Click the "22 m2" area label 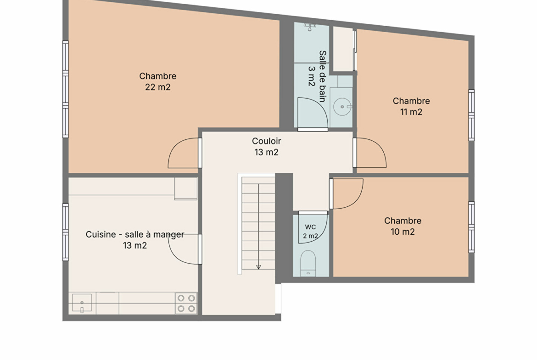click(x=157, y=87)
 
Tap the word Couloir click(x=267, y=141)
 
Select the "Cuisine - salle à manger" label click(x=135, y=234)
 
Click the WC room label click(x=310, y=227)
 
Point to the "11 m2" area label click(x=411, y=112)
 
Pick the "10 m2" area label click(x=403, y=232)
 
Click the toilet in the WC click(x=308, y=263)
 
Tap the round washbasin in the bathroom click(x=342, y=107)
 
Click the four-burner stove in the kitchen click(x=186, y=303)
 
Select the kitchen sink click(x=82, y=303)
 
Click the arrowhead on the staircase click(x=258, y=267)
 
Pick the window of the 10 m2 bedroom click(x=471, y=227)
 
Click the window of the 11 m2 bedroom click(x=471, y=115)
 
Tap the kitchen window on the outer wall click(x=66, y=232)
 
